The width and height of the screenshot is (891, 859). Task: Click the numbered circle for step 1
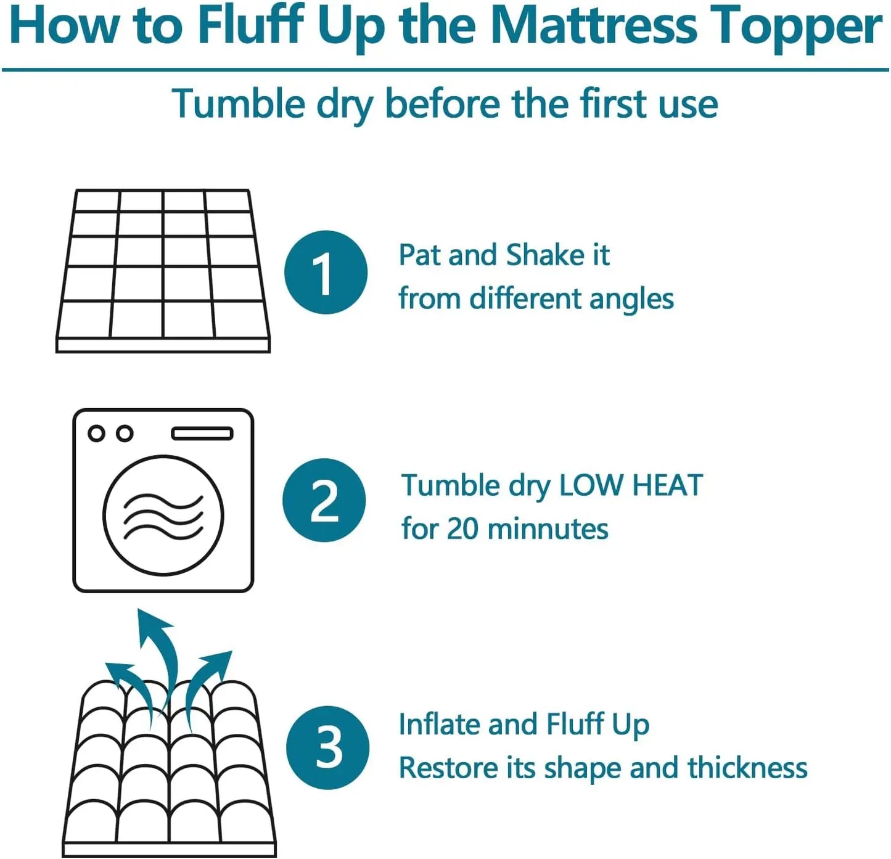326,273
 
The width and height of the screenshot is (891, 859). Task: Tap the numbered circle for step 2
324,500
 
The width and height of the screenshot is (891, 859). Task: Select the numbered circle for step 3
328,747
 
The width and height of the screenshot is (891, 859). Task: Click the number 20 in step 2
462,529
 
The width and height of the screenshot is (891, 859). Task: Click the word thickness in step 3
747,768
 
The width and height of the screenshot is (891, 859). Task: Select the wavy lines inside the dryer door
163,516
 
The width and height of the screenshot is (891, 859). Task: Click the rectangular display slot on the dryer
202,434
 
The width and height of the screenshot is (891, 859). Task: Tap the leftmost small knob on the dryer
96,434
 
